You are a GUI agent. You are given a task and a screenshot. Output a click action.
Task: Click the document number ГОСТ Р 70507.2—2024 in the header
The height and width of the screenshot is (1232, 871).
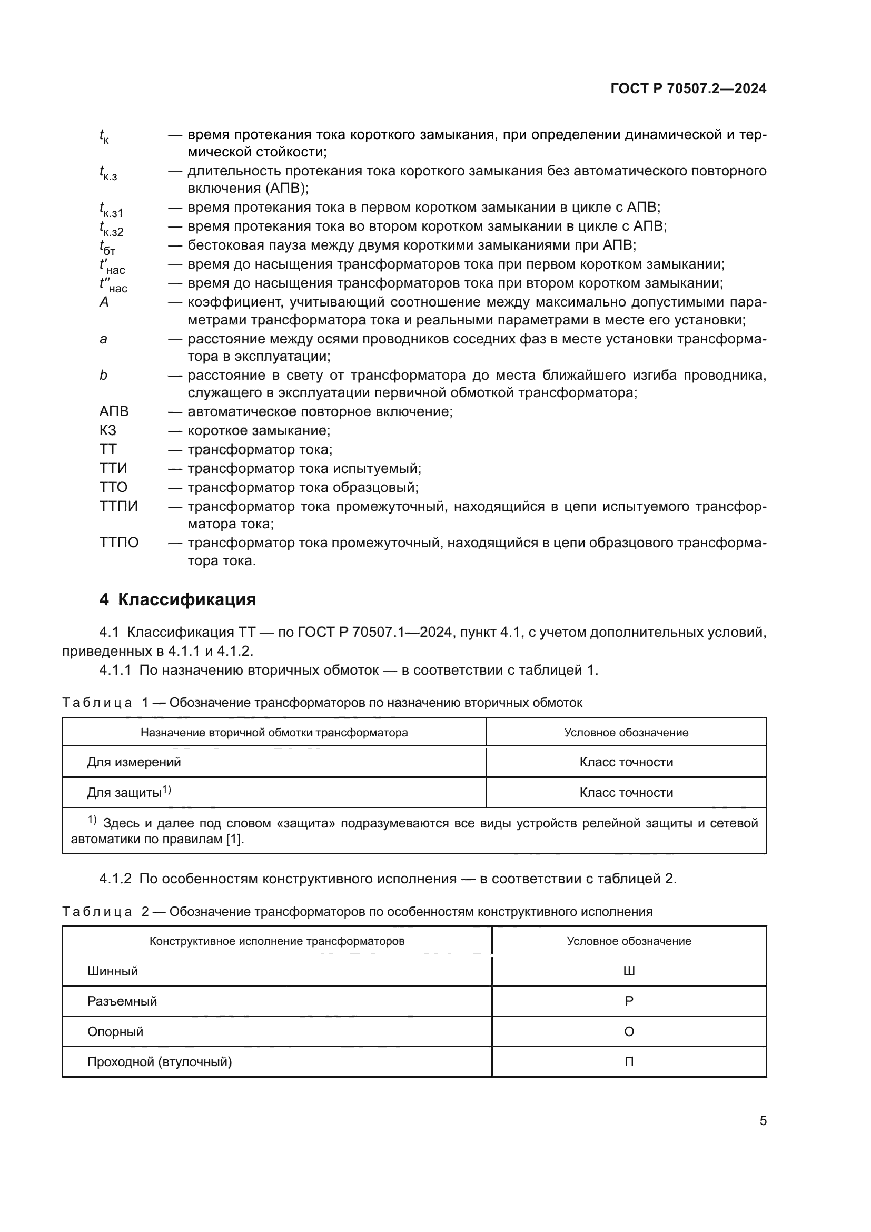(x=688, y=88)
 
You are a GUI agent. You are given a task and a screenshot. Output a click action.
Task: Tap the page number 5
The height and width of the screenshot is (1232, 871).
(x=763, y=1121)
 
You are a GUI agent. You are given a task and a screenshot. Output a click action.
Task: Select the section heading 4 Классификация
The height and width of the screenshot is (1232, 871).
(x=177, y=599)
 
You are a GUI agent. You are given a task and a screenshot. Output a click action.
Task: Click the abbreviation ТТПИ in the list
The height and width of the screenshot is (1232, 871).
(x=118, y=506)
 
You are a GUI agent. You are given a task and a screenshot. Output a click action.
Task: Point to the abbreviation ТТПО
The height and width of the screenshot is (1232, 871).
(x=119, y=543)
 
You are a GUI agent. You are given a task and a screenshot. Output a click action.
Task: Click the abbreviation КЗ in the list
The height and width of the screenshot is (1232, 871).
(x=108, y=430)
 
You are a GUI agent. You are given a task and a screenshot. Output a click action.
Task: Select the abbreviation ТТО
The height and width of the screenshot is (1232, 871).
(x=113, y=487)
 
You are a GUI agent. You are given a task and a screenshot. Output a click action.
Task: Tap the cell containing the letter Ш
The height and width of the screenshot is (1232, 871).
(x=629, y=971)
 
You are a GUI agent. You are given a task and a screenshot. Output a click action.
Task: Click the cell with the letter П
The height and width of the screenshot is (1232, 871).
(x=629, y=1062)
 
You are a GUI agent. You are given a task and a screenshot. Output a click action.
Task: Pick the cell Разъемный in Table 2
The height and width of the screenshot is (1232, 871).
(x=122, y=1001)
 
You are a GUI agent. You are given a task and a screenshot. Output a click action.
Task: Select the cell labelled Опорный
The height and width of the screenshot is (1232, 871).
(x=115, y=1032)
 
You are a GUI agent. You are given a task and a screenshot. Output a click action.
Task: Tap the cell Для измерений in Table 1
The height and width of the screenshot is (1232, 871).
(x=134, y=762)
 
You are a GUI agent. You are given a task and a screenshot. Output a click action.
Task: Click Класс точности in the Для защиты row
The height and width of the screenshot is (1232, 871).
(x=626, y=793)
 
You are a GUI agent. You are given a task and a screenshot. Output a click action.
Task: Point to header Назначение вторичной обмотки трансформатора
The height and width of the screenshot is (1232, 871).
(x=274, y=733)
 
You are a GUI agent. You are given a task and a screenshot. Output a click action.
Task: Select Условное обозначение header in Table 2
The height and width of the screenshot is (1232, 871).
(x=629, y=941)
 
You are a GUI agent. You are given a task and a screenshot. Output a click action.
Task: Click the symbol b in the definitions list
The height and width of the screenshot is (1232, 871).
(x=104, y=375)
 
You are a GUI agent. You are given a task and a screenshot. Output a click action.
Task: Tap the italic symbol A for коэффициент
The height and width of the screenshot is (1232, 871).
(x=104, y=302)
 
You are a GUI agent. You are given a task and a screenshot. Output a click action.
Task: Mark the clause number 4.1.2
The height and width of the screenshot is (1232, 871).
(x=115, y=879)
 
